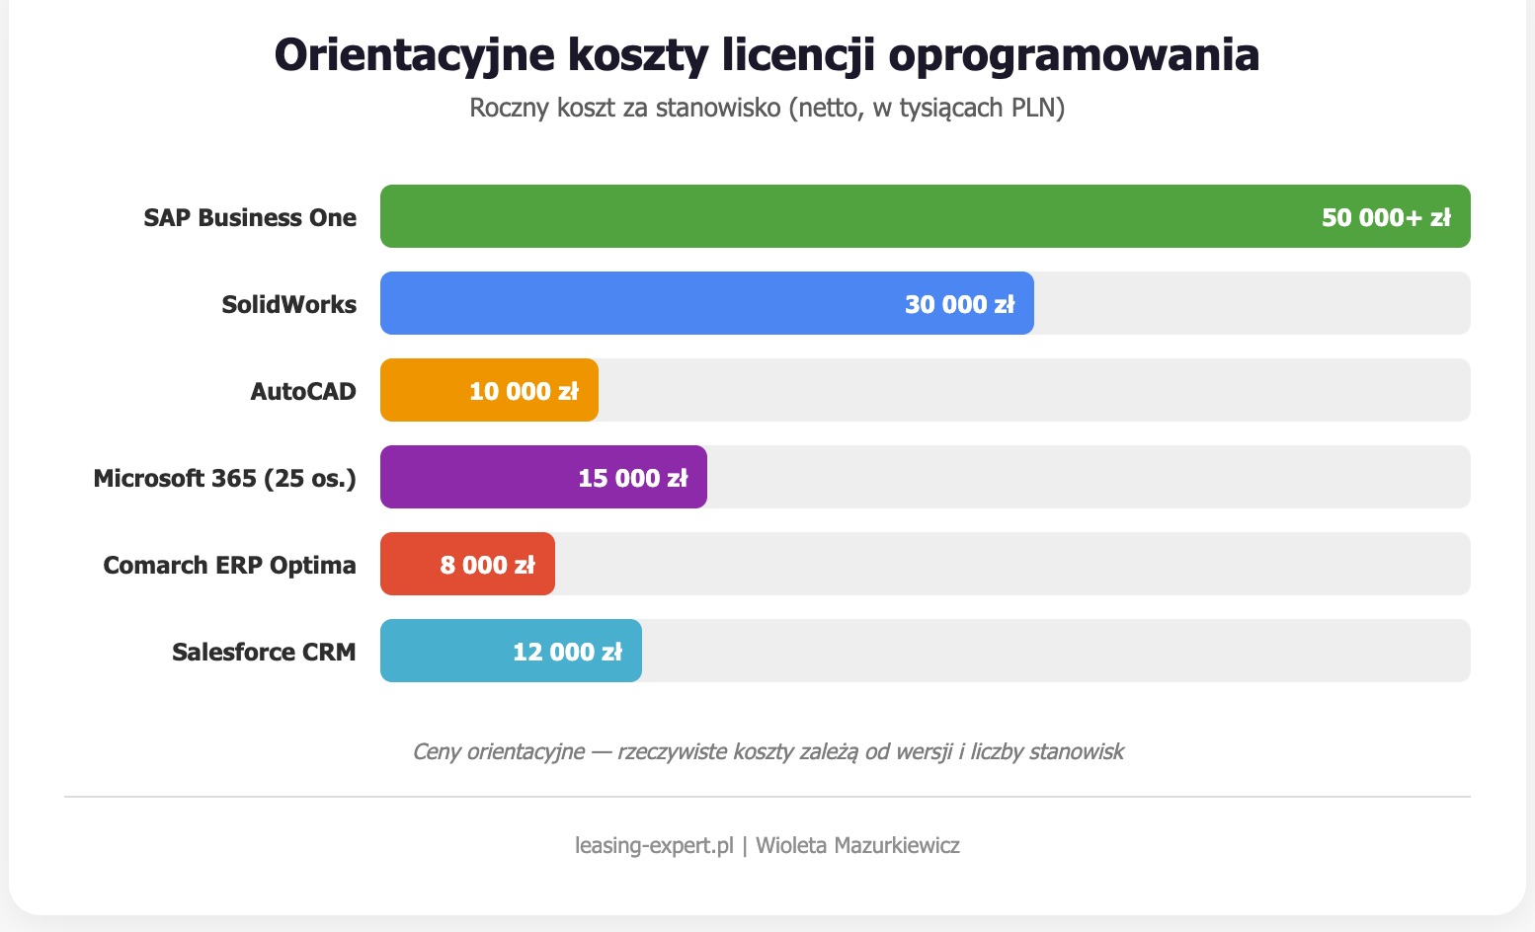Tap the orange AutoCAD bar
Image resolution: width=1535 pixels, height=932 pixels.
(425, 390)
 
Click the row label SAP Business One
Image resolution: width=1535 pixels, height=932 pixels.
(250, 217)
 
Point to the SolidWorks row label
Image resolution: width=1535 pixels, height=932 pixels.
(288, 304)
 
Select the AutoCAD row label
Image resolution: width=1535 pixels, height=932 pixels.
(303, 391)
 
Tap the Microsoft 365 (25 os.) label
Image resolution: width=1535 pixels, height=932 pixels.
(224, 478)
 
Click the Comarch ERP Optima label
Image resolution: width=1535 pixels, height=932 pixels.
(229, 565)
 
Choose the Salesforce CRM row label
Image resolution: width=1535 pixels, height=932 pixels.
(264, 652)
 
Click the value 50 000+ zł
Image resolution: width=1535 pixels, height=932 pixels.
(1386, 217)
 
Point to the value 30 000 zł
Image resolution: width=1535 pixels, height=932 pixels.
(959, 304)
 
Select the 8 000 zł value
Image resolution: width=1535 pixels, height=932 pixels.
(487, 565)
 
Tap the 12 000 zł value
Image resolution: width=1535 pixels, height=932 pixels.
(567, 652)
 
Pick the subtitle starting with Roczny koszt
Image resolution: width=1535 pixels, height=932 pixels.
(767, 108)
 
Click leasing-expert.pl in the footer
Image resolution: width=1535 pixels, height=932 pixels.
(654, 845)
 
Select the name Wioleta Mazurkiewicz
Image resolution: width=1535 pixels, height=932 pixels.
(857, 845)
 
